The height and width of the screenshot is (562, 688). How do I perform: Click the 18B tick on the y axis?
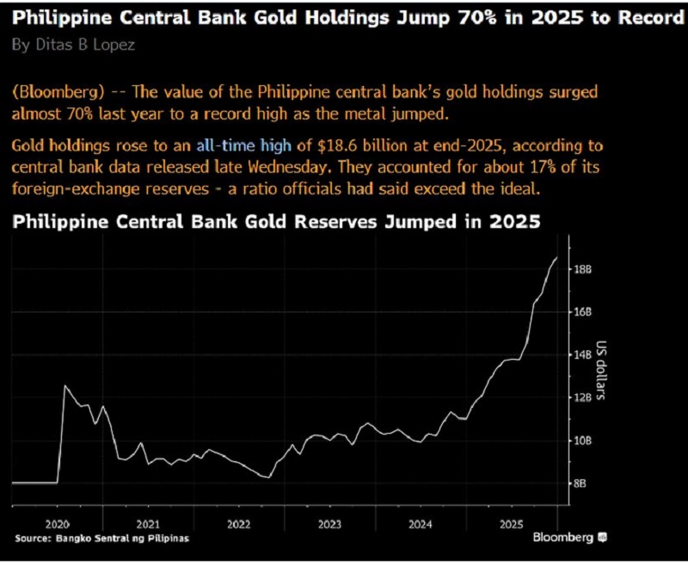[x=582, y=269]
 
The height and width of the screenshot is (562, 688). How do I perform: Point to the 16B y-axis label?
[x=582, y=312]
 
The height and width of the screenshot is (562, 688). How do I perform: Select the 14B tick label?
[x=582, y=355]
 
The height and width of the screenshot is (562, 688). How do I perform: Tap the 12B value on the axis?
[x=582, y=398]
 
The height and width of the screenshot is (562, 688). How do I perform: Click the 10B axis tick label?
[x=582, y=441]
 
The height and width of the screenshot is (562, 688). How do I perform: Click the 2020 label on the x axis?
[x=58, y=523]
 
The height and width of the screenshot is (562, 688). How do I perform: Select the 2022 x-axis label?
[x=238, y=523]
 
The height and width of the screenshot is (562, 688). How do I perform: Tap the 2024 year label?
[x=421, y=523]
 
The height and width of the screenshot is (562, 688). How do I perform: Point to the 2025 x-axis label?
[x=512, y=523]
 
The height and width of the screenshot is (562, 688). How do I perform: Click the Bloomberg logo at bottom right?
[x=570, y=538]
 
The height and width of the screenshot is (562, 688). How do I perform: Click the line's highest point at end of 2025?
[x=556, y=257]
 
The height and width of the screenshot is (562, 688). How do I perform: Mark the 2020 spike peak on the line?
[x=64, y=386]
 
